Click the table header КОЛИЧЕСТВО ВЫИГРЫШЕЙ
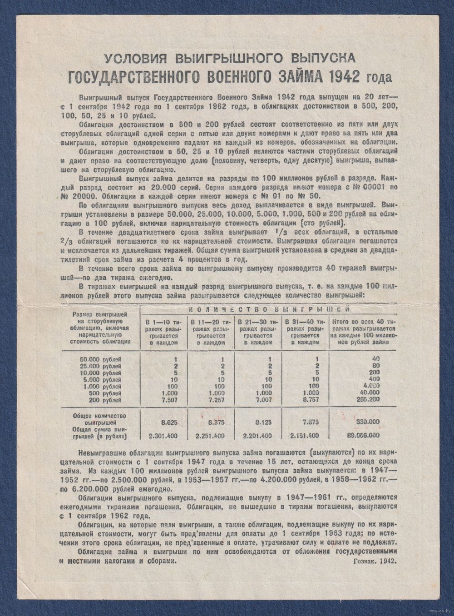pos(268,309)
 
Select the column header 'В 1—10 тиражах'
pos(163,332)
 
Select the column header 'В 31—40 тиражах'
pos(305,332)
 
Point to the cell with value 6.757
pos(310,400)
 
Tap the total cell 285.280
pos(368,400)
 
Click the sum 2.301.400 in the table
pos(163,436)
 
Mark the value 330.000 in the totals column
pos(368,422)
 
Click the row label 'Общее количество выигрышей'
pos(97,418)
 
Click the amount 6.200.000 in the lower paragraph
pos(88,489)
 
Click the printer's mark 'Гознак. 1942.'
pos(374,561)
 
